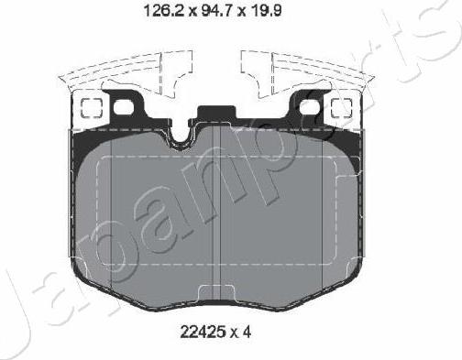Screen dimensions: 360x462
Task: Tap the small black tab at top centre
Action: [x=215, y=115]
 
